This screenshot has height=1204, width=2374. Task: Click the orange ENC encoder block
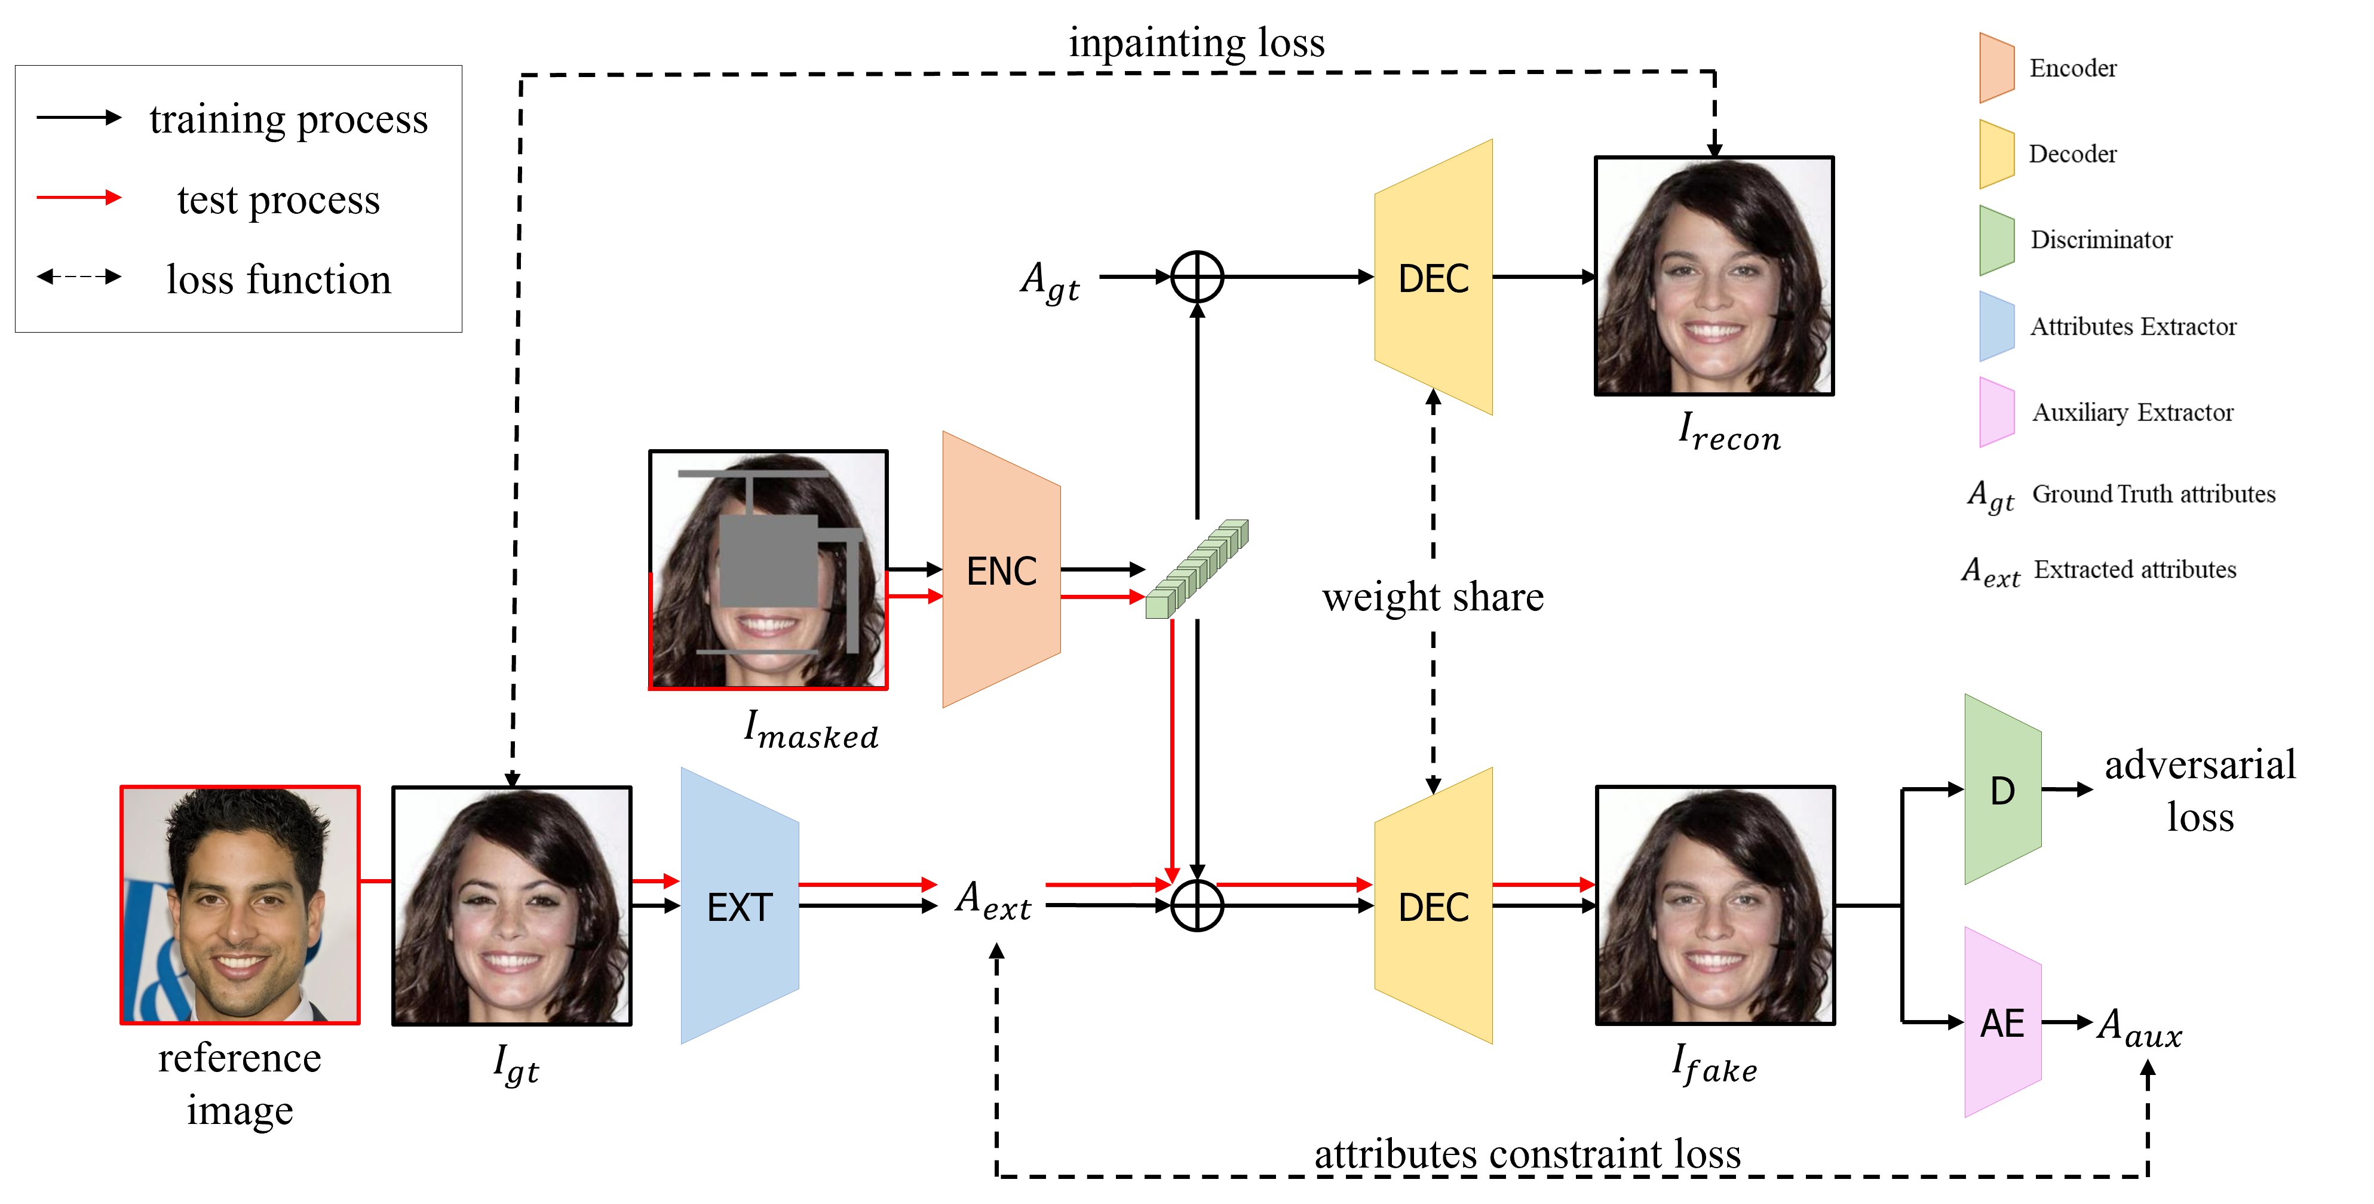click(1001, 570)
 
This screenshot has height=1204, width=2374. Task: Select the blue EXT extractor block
click(739, 907)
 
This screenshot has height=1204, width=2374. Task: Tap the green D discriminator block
click(2002, 790)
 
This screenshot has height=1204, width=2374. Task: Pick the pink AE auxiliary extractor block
click(2002, 1022)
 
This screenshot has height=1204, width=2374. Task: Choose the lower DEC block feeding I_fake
click(1433, 907)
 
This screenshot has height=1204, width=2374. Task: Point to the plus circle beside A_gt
click(1196, 277)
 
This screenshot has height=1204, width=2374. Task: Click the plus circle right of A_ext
click(1196, 905)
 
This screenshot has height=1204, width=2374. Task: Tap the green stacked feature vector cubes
click(1196, 569)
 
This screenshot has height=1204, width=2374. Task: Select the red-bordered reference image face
click(240, 905)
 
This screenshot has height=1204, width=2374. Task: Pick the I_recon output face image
click(1714, 277)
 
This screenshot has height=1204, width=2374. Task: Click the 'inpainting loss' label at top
click(1196, 42)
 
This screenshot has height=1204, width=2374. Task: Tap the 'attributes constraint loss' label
click(1527, 1153)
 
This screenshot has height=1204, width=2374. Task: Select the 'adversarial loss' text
click(2199, 790)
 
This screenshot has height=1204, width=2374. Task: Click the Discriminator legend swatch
click(1996, 241)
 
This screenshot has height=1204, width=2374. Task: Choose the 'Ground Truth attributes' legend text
click(2153, 494)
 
